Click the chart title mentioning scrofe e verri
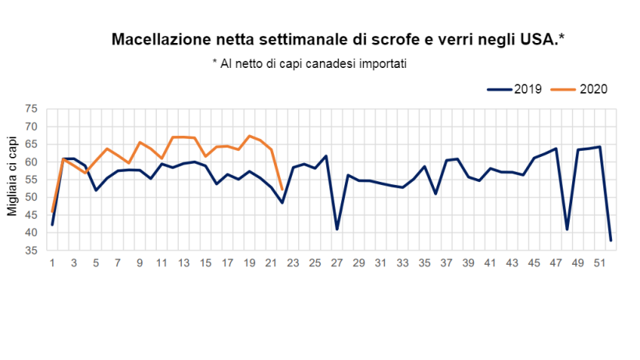[338, 39]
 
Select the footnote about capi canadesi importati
[310, 63]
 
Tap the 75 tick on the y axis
[32, 109]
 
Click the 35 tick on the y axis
[32, 251]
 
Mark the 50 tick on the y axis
[32, 198]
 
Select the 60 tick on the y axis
[32, 162]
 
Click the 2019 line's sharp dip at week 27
[337, 229]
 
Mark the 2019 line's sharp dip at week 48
[567, 229]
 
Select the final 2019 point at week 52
[610, 240]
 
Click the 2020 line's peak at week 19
[249, 136]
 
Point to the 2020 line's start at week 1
[52, 212]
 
